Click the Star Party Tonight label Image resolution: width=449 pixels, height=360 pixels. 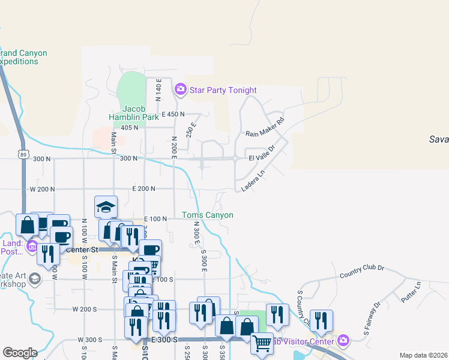[x=223, y=91]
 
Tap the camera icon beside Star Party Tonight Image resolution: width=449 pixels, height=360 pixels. [x=180, y=90]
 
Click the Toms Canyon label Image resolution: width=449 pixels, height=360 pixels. [x=208, y=215]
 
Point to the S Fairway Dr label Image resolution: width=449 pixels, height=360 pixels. [x=372, y=318]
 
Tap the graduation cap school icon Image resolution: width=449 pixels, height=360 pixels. [x=106, y=208]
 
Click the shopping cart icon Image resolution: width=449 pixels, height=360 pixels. [x=262, y=344]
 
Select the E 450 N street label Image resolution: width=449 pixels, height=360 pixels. [x=172, y=114]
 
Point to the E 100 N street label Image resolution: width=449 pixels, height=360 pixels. [x=155, y=219]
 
